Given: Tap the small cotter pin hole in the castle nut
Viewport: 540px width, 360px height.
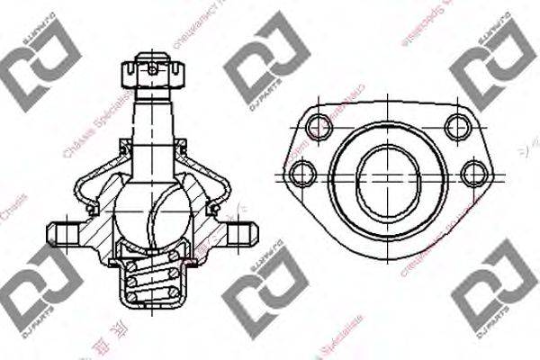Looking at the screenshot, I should pyautogui.click(x=154, y=67).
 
